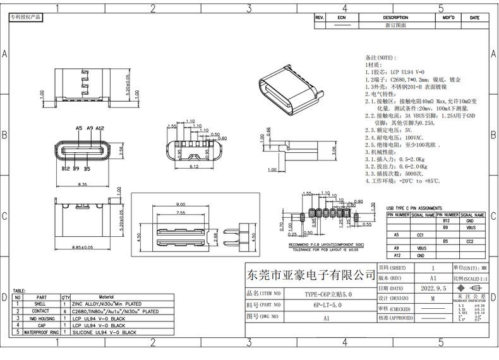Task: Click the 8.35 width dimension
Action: (x=82, y=184)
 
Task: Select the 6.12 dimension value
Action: (x=194, y=167)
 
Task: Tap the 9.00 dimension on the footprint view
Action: (x=181, y=204)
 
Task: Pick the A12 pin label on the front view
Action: (x=100, y=128)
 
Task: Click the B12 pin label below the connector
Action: (x=66, y=169)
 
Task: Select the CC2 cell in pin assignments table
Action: (x=470, y=241)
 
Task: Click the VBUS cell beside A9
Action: (x=422, y=248)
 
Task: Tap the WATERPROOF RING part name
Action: (x=42, y=332)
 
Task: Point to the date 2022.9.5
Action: (x=433, y=287)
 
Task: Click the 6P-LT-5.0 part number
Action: (x=327, y=304)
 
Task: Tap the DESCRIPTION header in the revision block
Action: (x=395, y=18)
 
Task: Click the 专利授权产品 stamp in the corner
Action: (x=25, y=17)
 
